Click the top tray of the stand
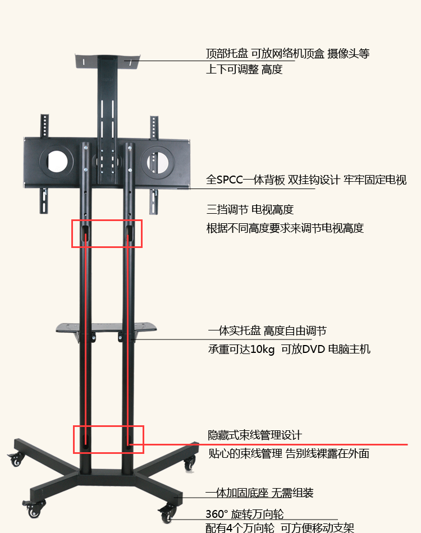tap(107, 61)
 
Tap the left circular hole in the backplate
tap(57, 161)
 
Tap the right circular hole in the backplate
tap(157, 162)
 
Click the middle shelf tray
tap(106, 328)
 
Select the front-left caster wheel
tap(34, 509)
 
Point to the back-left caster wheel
tap(15, 460)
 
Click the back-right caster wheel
tap(190, 463)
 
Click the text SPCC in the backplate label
tap(230, 180)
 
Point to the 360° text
tap(217, 514)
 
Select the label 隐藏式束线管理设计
tap(255, 435)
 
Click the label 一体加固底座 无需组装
tap(259, 493)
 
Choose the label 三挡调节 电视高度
tap(250, 209)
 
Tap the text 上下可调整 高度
tap(244, 70)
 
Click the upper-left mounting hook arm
tap(44, 126)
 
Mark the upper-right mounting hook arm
tap(154, 128)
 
